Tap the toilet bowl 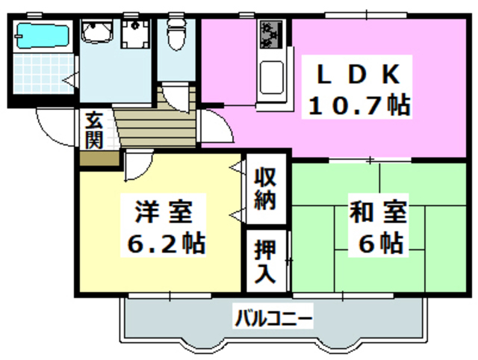pos(176,34)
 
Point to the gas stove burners pos(269,34)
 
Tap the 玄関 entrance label pos(93,130)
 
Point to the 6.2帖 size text pos(163,243)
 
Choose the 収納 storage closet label pos(265,189)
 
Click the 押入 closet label pos(265,261)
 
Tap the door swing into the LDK pos(214,123)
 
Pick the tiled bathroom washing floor pos(41,75)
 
